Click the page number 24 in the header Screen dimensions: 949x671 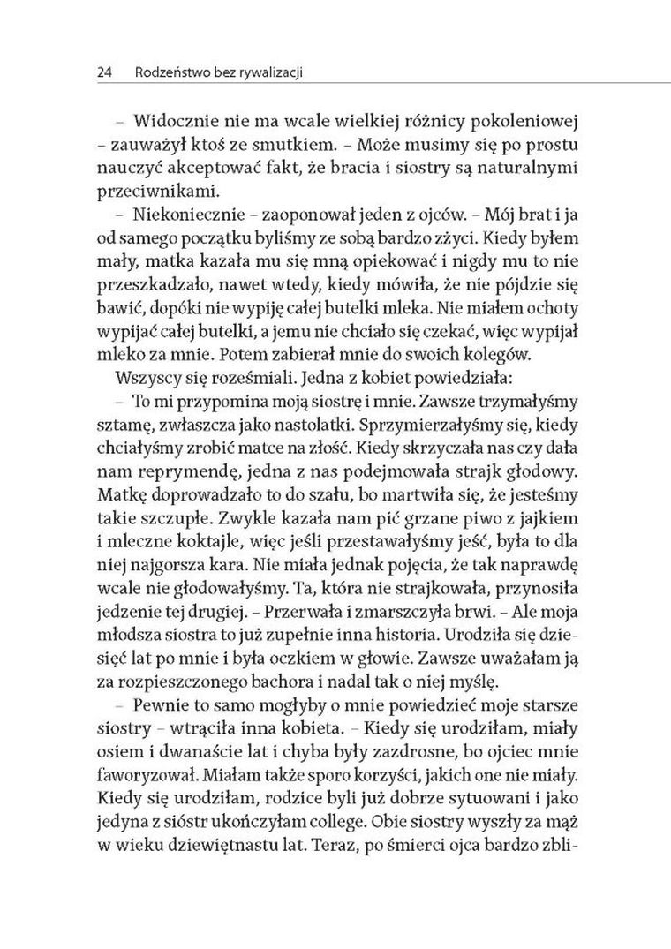pyautogui.click(x=102, y=75)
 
